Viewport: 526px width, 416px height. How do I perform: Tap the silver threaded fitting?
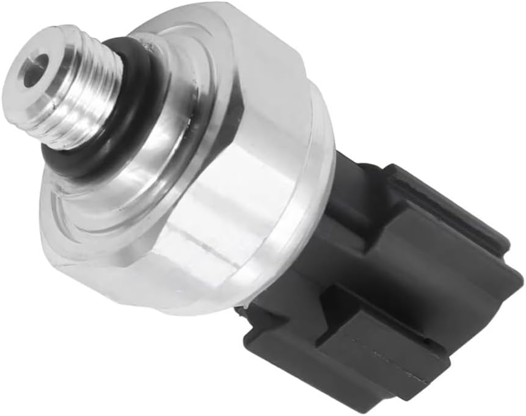pos(73,85)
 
